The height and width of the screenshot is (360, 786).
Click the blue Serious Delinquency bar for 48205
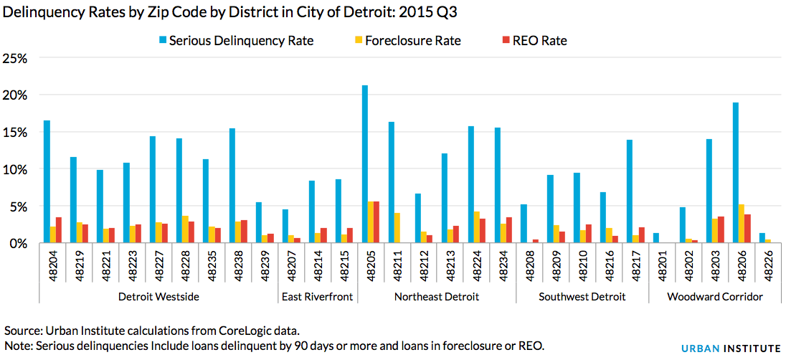[x=365, y=164]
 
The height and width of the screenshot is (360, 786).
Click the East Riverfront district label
[x=317, y=296]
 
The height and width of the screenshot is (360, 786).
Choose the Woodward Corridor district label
[x=714, y=296]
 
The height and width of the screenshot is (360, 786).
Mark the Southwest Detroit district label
[x=582, y=296]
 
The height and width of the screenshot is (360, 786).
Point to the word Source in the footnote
[x=22, y=331]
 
